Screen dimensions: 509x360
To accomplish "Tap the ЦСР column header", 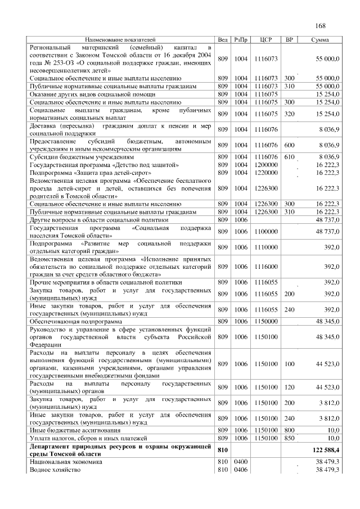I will [267, 40].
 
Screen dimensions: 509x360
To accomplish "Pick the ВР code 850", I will [290, 437].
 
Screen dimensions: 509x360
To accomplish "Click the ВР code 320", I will [290, 114].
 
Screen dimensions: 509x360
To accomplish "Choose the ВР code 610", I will [290, 156].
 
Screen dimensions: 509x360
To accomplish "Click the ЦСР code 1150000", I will [267, 321].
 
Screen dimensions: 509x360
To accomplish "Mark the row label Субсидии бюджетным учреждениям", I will [76, 156].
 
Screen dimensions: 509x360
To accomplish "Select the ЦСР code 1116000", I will [267, 266].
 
